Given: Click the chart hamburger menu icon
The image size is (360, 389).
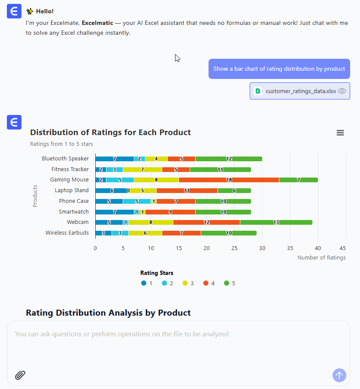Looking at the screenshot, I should [x=340, y=133].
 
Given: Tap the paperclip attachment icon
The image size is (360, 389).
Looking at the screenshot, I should [x=20, y=375].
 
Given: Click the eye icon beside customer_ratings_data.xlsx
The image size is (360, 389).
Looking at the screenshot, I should [x=342, y=91].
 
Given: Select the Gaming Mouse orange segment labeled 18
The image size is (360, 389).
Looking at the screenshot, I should [x=229, y=180].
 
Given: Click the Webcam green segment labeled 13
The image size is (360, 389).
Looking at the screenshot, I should [x=276, y=222].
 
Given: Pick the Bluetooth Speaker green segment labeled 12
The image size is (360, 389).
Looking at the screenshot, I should [x=229, y=159].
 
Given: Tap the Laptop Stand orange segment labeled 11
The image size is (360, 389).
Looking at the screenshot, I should [x=187, y=190].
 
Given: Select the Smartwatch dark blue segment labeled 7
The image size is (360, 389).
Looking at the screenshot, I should [x=115, y=212].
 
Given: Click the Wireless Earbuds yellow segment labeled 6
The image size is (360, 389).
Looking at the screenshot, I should [x=145, y=233].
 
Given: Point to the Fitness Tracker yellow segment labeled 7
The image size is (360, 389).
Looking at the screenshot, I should [x=142, y=169].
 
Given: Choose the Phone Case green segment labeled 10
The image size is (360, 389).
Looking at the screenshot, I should [x=223, y=201].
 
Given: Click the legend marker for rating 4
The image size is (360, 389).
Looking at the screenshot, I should [x=206, y=283].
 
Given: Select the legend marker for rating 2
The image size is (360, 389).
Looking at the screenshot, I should [x=164, y=283].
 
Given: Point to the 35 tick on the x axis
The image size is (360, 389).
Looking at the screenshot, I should [x=290, y=248].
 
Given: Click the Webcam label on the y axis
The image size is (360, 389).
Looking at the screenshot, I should [x=78, y=222].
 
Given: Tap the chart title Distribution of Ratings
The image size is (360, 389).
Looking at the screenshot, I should [x=110, y=132].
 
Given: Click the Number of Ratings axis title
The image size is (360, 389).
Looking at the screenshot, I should [x=321, y=258].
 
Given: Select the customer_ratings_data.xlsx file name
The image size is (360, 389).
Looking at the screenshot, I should [x=301, y=91].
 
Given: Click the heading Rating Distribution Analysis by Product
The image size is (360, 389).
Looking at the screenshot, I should [x=108, y=313].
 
